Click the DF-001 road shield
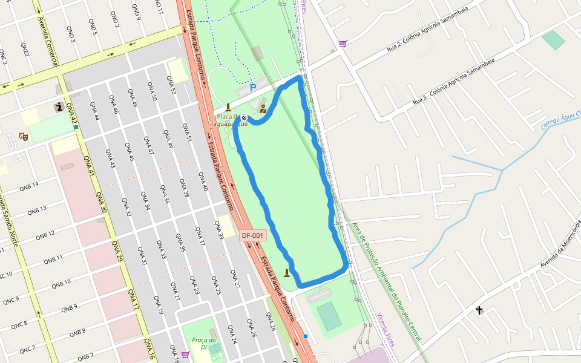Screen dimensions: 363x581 253,235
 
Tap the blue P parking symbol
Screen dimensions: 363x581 253,88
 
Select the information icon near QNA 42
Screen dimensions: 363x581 59,108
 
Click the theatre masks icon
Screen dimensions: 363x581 24,137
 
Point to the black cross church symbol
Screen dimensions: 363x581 479,310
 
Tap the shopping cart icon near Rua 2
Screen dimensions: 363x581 343,44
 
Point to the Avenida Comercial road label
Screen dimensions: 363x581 48,42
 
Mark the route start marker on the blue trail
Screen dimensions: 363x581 244,118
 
